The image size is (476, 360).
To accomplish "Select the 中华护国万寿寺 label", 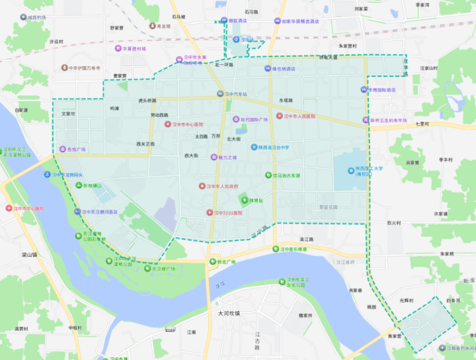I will [x=85, y=67].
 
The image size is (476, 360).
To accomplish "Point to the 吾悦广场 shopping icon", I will [x=63, y=150].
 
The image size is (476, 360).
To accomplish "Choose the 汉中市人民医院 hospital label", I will [x=301, y=116].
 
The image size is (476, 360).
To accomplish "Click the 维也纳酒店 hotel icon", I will [x=266, y=69].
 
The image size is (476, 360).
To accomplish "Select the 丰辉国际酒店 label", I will [x=382, y=89].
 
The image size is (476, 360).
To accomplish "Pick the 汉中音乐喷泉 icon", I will [x=276, y=249].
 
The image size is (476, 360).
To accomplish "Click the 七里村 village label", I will [x=423, y=124].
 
